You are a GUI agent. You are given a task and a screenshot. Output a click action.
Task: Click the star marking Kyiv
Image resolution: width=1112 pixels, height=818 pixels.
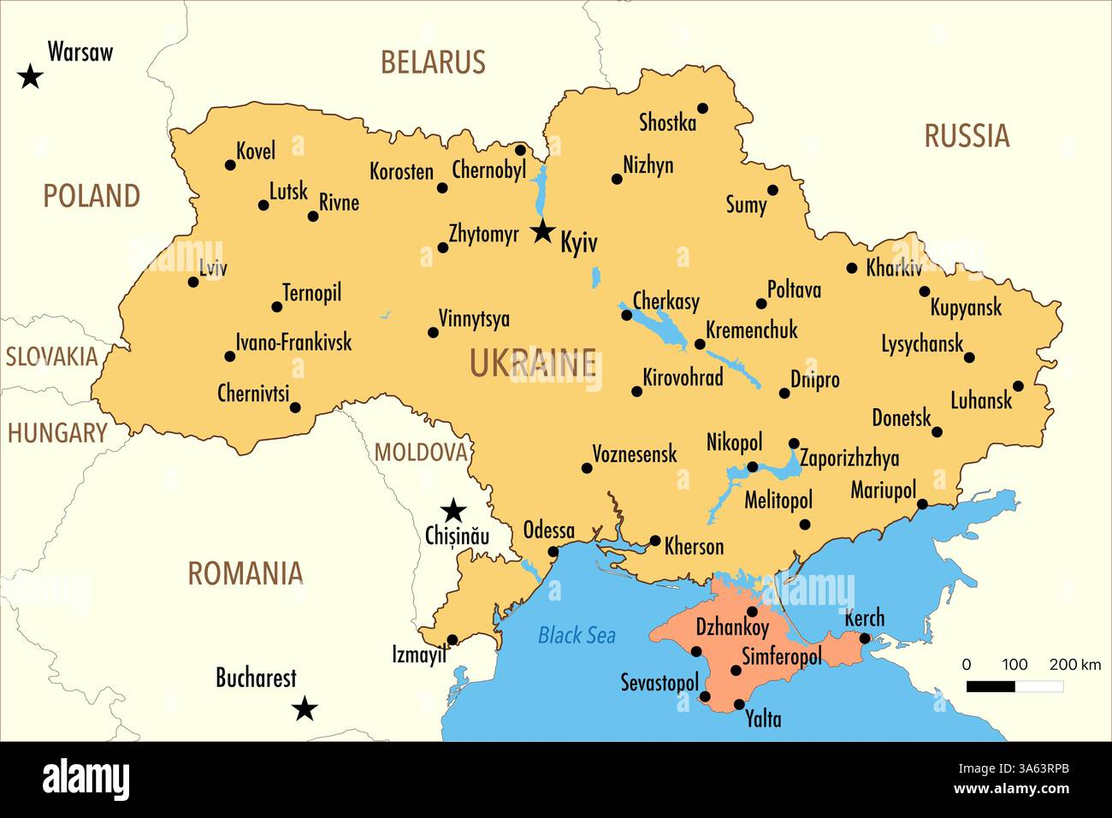[542, 232]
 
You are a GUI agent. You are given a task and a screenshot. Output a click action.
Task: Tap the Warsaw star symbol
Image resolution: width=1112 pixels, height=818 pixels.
[31, 77]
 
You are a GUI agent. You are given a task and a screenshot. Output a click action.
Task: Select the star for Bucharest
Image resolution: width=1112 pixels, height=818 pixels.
[305, 708]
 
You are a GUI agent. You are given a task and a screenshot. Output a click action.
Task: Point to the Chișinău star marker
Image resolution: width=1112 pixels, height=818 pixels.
[452, 511]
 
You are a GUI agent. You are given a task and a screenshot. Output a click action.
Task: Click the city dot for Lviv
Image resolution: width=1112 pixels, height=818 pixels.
[193, 282]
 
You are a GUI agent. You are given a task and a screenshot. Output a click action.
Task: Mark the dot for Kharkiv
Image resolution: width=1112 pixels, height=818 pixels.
[851, 268]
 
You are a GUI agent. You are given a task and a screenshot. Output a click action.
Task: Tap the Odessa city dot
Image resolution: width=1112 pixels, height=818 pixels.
[553, 552]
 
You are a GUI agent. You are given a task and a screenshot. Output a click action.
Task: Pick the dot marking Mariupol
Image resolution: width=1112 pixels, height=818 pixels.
[922, 505]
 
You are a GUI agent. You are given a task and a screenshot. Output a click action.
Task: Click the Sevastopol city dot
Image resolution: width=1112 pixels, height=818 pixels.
[705, 697]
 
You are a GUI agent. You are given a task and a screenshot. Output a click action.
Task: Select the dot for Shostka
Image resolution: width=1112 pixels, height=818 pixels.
[702, 108]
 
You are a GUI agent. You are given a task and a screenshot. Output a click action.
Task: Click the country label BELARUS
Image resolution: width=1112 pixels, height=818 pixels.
[433, 62]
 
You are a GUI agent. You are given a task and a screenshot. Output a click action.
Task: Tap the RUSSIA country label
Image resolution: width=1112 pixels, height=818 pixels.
[967, 136]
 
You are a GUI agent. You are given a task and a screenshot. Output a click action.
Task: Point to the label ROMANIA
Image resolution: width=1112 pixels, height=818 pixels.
[245, 573]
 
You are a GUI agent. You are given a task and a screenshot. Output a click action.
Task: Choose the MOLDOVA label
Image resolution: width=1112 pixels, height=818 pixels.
[421, 453]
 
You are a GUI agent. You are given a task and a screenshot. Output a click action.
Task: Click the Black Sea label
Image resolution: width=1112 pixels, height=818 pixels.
[577, 635]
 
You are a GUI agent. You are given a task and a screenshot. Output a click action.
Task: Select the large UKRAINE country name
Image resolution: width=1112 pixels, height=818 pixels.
[532, 365]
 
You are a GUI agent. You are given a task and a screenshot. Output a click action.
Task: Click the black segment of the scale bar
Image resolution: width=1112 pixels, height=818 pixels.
[991, 686]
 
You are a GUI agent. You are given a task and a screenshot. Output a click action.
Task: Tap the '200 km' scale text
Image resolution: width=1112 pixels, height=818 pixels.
[1075, 665]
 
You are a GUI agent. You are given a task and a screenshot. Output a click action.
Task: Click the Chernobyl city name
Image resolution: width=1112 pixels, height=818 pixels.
[488, 170]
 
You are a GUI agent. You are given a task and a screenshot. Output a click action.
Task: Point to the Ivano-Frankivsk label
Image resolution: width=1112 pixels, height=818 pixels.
[293, 342]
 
